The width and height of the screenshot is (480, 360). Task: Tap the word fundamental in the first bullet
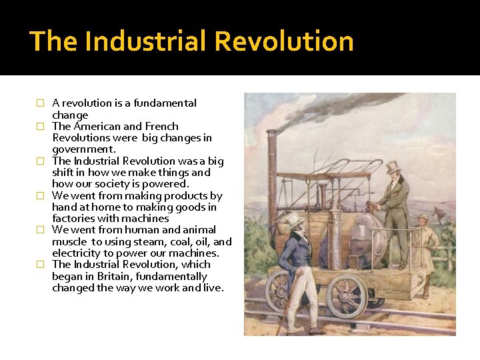166,103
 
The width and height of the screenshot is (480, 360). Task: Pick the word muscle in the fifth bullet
70,242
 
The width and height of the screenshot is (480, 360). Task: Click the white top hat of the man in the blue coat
294,220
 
